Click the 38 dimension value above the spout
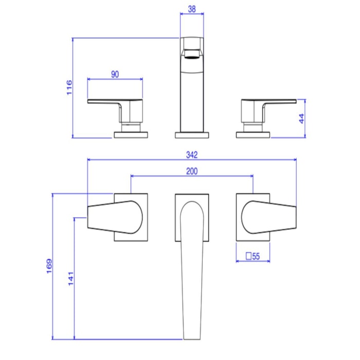(192, 9)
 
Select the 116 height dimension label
(69, 87)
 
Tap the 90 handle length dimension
(115, 75)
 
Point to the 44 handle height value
(302, 118)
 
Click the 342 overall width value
(192, 155)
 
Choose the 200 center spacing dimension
(192, 171)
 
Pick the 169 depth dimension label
(49, 266)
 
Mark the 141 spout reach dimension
(71, 279)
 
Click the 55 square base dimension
(256, 256)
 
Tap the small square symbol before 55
(248, 256)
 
